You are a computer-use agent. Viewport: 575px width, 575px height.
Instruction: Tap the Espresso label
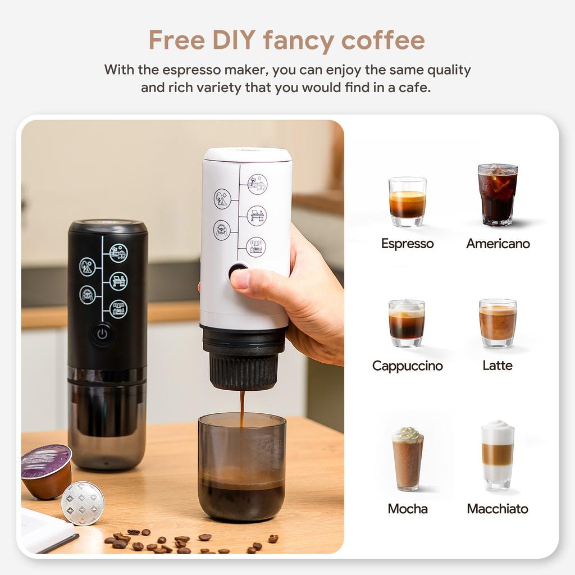pos(407,243)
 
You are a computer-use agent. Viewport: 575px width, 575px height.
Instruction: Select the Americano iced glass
pos(498,194)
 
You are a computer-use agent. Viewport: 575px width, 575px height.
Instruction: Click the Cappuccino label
pos(407,366)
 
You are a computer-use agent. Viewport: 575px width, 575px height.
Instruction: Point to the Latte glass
pos(498,322)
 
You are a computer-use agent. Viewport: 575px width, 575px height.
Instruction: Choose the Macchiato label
pos(498,509)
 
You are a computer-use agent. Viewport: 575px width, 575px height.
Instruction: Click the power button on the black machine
pos(102,334)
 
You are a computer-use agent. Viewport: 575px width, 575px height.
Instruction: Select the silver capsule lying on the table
pos(83,503)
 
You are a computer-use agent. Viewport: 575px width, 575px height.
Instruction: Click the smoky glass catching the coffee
pos(241,466)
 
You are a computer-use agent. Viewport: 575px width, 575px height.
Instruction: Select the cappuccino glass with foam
pos(407,322)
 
